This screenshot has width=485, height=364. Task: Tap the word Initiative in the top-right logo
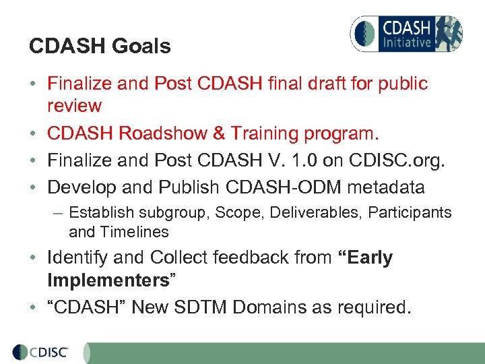[406, 42]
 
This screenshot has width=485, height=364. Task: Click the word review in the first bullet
[74, 106]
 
